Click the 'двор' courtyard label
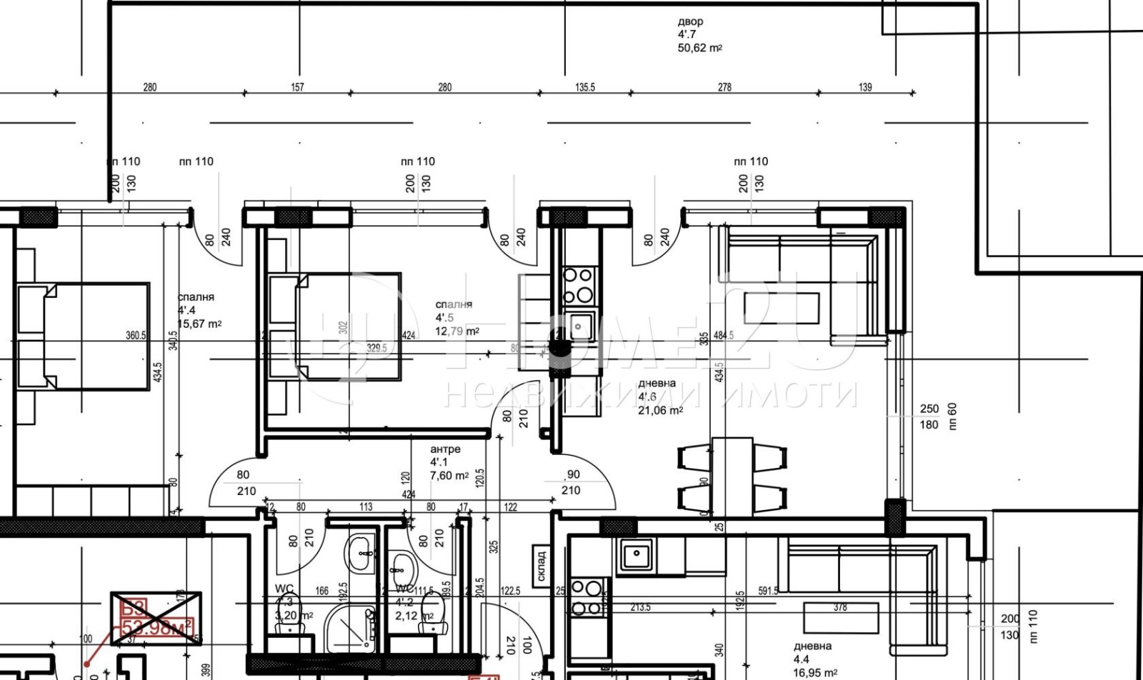pyautogui.click(x=690, y=22)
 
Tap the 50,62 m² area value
pyautogui.click(x=699, y=48)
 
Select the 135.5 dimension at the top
pyautogui.click(x=584, y=87)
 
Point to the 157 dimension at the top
pyautogui.click(x=297, y=87)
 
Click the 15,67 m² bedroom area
pyautogui.click(x=199, y=324)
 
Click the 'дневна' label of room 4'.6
pyautogui.click(x=657, y=384)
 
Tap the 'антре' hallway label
pyautogui.click(x=445, y=449)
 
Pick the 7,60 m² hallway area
pyautogui.click(x=449, y=476)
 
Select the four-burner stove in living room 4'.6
pyautogui.click(x=578, y=285)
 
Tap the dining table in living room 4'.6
pyautogui.click(x=732, y=476)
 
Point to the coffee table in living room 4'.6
pyautogui.click(x=781, y=308)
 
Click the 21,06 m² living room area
pyautogui.click(x=660, y=410)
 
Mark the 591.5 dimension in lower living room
pyautogui.click(x=768, y=591)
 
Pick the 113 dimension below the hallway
pyautogui.click(x=366, y=507)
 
